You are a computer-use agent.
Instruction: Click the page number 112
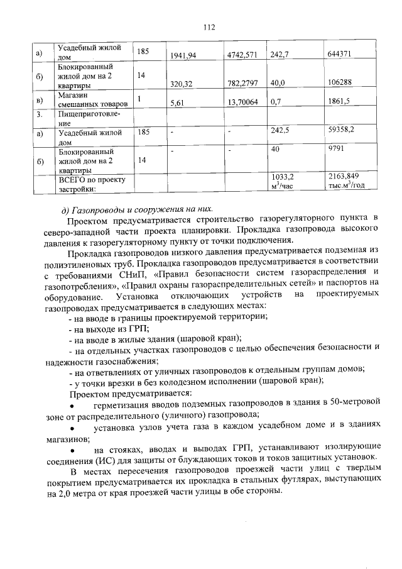tap(210, 27)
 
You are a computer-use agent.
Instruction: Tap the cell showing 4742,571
tap(242, 55)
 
